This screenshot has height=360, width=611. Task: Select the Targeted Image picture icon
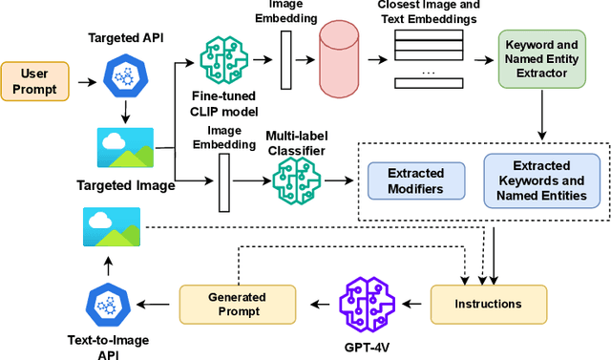pos(125,149)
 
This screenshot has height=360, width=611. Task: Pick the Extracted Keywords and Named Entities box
pos(541,180)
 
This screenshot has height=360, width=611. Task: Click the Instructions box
pos(489,304)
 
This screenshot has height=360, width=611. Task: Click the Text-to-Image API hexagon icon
pos(108,305)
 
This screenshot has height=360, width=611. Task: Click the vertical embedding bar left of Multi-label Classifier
pos(225,181)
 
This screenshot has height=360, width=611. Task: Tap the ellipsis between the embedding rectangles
pos(427,72)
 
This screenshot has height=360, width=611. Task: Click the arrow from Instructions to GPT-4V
pos(414,304)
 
